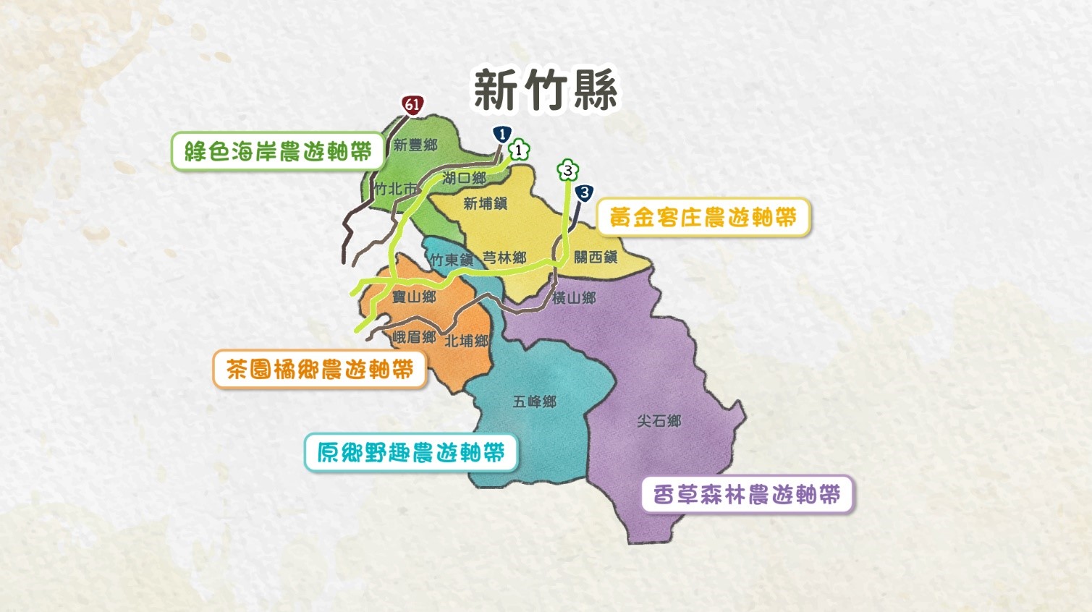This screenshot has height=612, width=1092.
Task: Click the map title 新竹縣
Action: tap(546, 90)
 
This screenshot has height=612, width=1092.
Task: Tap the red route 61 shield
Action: tap(412, 105)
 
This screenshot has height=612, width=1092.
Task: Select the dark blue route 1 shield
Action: tap(501, 134)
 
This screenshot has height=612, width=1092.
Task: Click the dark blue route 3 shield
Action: tap(584, 193)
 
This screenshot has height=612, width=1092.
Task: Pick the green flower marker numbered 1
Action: tap(519, 150)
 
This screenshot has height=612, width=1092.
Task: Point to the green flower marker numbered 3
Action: tap(568, 171)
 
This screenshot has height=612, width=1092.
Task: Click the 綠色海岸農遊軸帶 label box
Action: tap(277, 151)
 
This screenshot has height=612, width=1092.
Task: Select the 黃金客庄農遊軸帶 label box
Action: tap(703, 217)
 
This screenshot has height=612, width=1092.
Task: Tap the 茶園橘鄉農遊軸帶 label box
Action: tap(319, 370)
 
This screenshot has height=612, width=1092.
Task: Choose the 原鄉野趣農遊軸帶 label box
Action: tap(410, 453)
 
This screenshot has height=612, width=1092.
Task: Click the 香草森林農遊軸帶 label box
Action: tap(747, 495)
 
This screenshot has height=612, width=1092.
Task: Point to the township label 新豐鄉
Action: tap(415, 145)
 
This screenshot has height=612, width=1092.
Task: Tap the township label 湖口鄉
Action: tap(464, 177)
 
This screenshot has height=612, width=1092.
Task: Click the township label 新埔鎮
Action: tap(485, 204)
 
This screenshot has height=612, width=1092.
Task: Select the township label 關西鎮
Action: tap(596, 257)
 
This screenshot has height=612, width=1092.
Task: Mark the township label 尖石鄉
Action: tap(659, 420)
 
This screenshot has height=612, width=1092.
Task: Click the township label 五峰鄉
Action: tap(534, 401)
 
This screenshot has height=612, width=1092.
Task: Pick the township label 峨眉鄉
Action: tap(414, 337)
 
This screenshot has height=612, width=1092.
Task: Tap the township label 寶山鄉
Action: tap(414, 297)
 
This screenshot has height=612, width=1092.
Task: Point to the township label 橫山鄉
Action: tap(574, 297)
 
